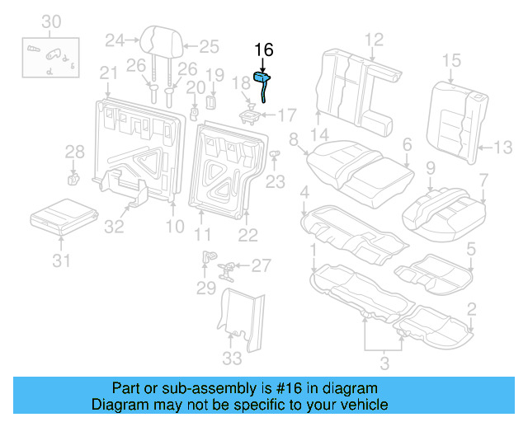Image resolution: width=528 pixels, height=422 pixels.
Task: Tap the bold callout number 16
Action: [x=263, y=49]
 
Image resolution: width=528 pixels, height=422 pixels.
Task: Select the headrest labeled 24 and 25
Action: [x=159, y=40]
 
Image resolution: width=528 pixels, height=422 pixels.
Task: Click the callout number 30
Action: [x=51, y=21]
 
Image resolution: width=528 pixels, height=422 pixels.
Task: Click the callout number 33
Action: [x=233, y=359]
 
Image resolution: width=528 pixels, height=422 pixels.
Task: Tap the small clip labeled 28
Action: [x=73, y=176]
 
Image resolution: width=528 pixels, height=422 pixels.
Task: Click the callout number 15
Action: [x=450, y=60]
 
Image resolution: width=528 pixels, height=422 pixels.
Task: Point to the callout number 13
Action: [x=503, y=148]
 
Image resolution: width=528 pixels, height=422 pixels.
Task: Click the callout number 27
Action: [x=261, y=265]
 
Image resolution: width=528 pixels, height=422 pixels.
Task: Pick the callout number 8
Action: [x=294, y=140]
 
